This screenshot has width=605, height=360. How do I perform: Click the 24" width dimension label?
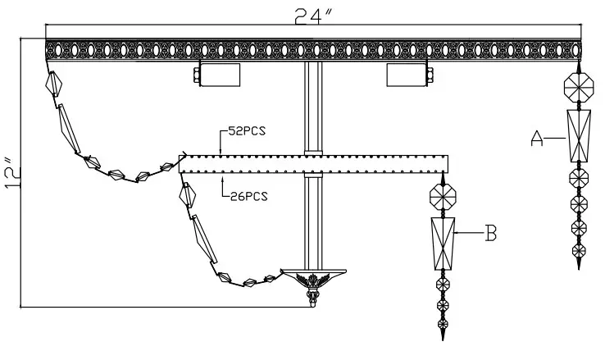[x=313, y=16]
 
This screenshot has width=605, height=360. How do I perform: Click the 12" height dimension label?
[x=13, y=173]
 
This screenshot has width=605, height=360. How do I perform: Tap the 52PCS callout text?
[x=247, y=131]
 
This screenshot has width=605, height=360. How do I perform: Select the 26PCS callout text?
[x=249, y=196]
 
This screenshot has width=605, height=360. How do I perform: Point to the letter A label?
[x=537, y=139]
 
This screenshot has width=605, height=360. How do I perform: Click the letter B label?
[x=490, y=233]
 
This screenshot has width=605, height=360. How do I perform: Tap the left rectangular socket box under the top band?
[x=220, y=75]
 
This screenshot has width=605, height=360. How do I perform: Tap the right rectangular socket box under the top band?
[x=407, y=75]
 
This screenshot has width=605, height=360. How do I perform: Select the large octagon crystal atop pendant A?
[x=579, y=88]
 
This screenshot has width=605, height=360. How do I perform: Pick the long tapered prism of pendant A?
[x=579, y=136]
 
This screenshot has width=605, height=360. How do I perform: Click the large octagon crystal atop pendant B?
[x=443, y=197]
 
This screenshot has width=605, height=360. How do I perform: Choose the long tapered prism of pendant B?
[x=443, y=244]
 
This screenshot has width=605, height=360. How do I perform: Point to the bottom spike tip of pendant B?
[x=443, y=340]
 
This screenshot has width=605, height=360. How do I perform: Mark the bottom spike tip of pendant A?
[x=579, y=268]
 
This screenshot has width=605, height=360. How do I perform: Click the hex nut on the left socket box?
[x=197, y=75]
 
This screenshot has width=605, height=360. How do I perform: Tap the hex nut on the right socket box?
[x=430, y=75]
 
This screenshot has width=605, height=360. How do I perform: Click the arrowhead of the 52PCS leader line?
[x=221, y=153]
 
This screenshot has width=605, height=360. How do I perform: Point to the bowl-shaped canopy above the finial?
[x=313, y=275]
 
